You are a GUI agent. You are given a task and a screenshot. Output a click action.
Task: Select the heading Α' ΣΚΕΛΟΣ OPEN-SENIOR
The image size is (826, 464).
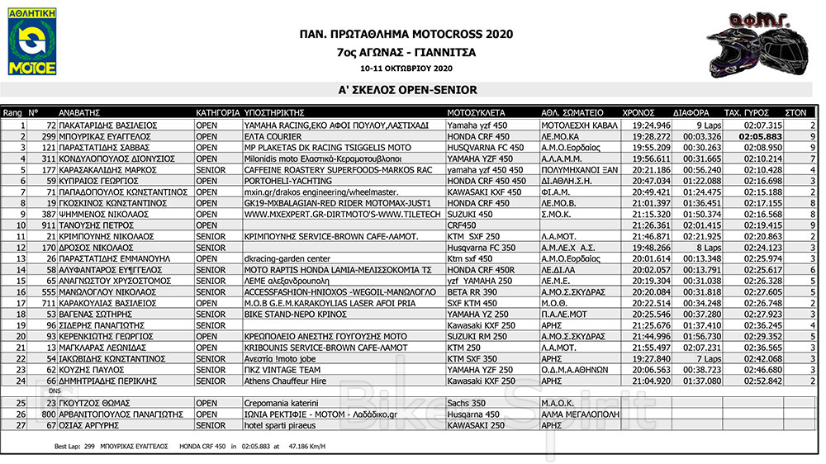pyautogui.click(x=407, y=90)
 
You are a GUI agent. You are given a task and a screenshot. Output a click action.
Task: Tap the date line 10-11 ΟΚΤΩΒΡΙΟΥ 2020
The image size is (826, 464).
pyautogui.click(x=406, y=68)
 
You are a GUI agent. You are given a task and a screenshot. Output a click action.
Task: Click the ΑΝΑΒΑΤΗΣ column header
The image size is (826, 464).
pyautogui.click(x=79, y=111)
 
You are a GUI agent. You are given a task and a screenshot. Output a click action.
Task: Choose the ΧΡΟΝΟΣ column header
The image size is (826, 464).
pyautogui.click(x=637, y=111)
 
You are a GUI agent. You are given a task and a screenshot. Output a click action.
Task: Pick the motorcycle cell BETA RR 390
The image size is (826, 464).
pyautogui.click(x=472, y=291)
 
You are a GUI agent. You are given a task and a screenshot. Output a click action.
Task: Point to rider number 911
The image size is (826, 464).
pyautogui.click(x=47, y=225)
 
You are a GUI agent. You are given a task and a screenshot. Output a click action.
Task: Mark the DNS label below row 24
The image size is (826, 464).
pyautogui.click(x=55, y=391)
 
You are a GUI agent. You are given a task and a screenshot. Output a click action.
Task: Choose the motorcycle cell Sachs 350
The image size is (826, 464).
pyautogui.click(x=465, y=402)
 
